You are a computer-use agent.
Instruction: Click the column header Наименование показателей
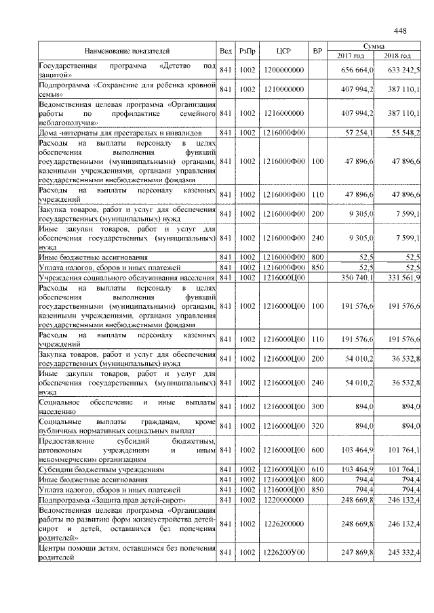(127, 51)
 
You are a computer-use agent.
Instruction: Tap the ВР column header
(317, 51)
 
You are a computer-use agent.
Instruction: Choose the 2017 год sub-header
(351, 56)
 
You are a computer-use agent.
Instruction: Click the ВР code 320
(317, 425)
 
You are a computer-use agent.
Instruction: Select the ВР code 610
(317, 469)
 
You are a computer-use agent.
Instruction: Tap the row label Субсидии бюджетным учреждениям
(101, 469)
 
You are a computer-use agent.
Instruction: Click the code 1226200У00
(283, 553)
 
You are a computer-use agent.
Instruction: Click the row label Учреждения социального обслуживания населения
(126, 278)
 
